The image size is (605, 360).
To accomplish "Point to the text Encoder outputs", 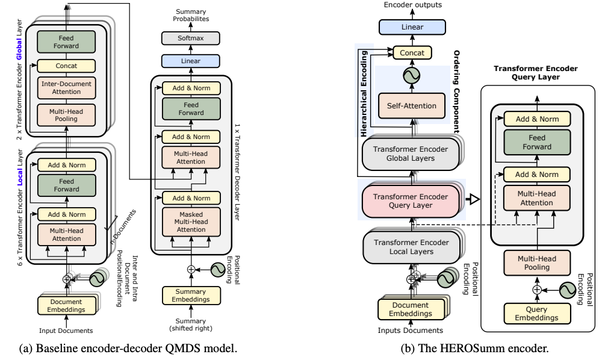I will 412,5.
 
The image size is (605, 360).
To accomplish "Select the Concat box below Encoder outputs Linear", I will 412,53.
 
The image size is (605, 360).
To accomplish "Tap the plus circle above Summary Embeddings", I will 191,269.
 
